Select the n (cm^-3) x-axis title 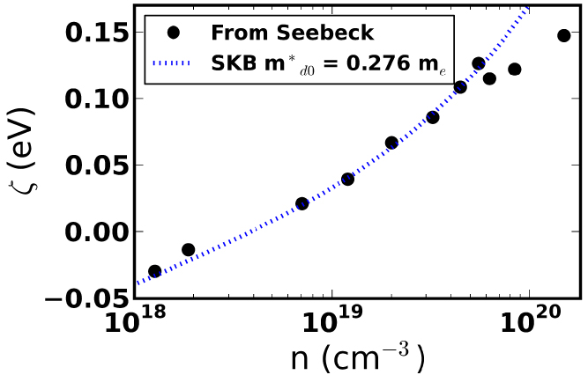point(357,358)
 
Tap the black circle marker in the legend point(175,33)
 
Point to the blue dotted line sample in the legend point(175,63)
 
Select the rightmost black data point point(564,35)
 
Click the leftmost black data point point(155,271)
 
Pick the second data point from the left point(188,250)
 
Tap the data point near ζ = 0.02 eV point(301,203)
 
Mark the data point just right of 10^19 point(347,179)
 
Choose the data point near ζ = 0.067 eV point(391,143)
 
